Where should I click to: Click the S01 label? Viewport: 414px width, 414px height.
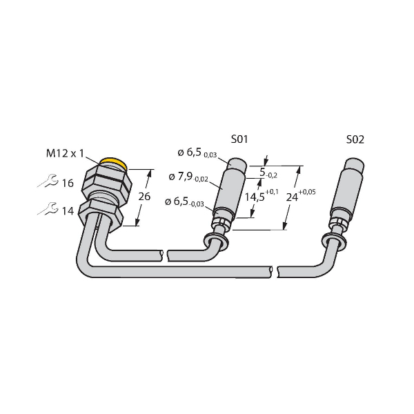(239, 139)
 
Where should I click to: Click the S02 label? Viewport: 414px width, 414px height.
(355, 139)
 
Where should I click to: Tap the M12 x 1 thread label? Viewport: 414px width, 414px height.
(65, 153)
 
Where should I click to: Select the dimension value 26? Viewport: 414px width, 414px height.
(144, 197)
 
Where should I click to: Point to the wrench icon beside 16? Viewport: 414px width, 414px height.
(48, 181)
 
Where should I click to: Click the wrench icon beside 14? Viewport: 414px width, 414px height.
(48, 209)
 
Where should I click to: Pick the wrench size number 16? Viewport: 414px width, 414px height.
(68, 184)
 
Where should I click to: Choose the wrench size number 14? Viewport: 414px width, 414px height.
(68, 211)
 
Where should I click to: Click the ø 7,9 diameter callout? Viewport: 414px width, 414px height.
(188, 177)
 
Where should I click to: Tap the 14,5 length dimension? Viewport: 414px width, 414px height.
(255, 197)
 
